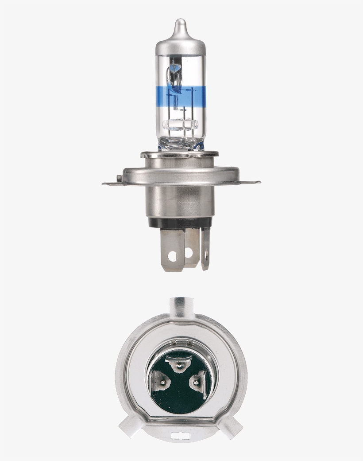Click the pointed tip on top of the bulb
pos(180,22)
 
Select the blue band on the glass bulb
pos(180,94)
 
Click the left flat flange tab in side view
pos(111,182)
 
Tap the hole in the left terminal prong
pos(173,256)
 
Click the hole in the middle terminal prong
pos(189,253)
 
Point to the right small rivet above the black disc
pos(189,343)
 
